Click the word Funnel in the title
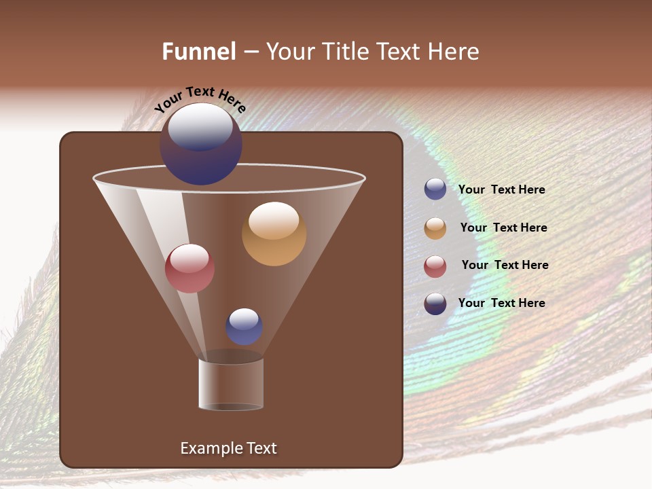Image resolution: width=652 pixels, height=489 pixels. (x=198, y=52)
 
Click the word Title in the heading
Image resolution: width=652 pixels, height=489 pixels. (x=344, y=52)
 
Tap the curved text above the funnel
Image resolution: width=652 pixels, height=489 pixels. (x=200, y=98)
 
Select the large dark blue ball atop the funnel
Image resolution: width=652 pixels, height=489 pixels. (x=201, y=144)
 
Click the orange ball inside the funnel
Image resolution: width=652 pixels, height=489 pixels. (x=274, y=234)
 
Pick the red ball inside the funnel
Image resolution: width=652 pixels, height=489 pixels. (x=190, y=268)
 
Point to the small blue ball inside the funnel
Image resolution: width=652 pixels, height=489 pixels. (x=244, y=327)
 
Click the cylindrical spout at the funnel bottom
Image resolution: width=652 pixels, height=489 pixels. (x=231, y=384)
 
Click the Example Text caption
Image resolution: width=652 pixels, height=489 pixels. (x=228, y=448)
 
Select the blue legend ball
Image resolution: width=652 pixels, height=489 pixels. (x=435, y=189)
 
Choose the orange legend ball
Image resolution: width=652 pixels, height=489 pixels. (x=435, y=228)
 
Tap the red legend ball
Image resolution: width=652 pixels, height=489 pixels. (x=435, y=266)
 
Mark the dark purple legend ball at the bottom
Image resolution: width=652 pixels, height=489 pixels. (x=435, y=304)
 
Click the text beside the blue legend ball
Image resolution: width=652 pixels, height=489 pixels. (x=501, y=190)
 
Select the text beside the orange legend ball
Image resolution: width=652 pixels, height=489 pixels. (x=503, y=228)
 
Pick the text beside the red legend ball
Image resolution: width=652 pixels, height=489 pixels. (x=505, y=266)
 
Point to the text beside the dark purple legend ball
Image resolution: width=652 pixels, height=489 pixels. (x=501, y=303)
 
